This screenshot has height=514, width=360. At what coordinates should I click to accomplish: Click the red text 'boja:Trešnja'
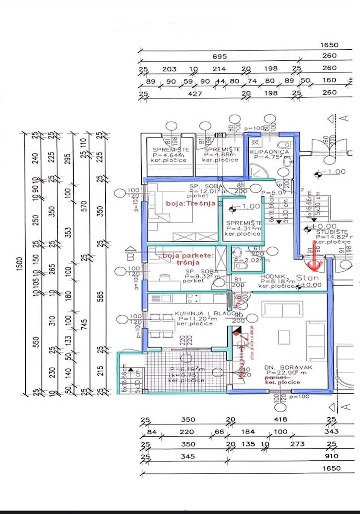(x=190, y=204)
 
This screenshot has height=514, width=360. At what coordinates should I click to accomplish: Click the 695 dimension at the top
(x=220, y=57)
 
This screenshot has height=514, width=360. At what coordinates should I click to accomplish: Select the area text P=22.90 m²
(x=280, y=373)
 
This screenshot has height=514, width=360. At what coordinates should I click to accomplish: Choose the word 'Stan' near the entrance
(x=306, y=277)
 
